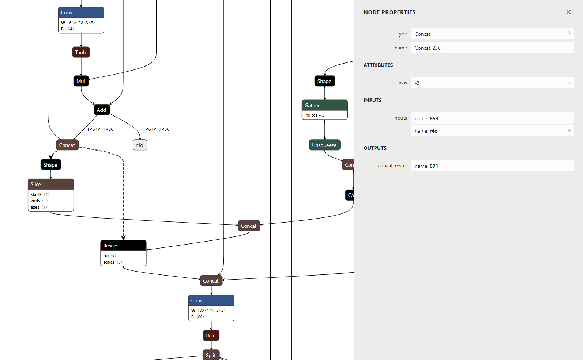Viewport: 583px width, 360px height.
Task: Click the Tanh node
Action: click(81, 52)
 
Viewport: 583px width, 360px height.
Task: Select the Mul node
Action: click(81, 81)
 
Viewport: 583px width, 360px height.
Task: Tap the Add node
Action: click(102, 110)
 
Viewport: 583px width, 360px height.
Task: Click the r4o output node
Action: click(140, 145)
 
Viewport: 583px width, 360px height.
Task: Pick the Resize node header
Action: click(123, 246)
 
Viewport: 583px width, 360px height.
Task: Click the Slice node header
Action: click(51, 184)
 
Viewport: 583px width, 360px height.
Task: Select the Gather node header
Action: click(324, 105)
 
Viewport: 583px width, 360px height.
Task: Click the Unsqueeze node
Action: click(324, 145)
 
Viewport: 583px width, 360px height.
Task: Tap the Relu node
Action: click(211, 336)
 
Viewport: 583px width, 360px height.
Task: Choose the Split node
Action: click(211, 355)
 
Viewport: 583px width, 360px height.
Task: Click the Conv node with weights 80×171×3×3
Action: click(211, 300)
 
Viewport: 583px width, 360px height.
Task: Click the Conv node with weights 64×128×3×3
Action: click(81, 12)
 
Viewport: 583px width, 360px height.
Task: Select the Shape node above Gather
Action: click(324, 81)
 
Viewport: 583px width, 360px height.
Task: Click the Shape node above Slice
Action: click(50, 165)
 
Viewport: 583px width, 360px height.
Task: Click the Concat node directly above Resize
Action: click(249, 226)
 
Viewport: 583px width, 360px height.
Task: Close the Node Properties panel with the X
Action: click(568, 12)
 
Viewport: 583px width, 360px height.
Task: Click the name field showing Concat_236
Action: click(492, 48)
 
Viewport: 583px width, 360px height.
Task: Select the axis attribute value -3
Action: click(492, 83)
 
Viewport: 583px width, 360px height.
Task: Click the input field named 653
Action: click(492, 118)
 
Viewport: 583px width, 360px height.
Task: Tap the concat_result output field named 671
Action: click(492, 166)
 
